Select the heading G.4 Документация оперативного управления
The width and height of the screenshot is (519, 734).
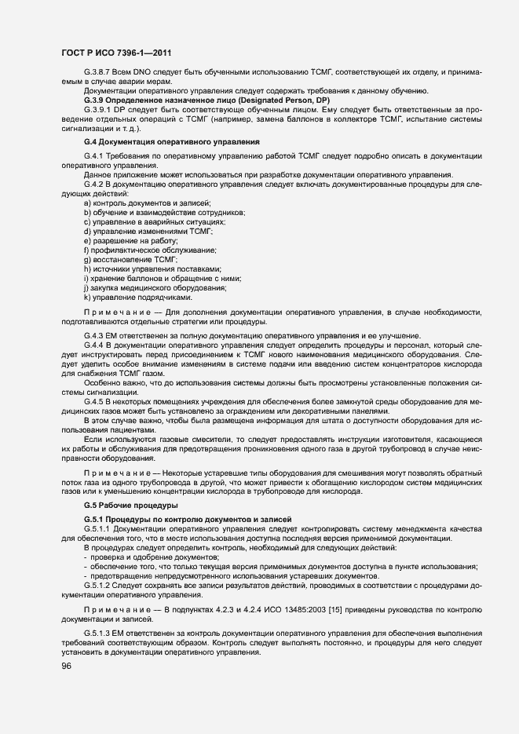pyautogui.click(x=171, y=142)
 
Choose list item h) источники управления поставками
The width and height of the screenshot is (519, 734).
pyautogui.click(x=135, y=268)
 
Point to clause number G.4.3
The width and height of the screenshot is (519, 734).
pyautogui.click(x=94, y=335)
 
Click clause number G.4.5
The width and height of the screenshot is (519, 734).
pyautogui.click(x=94, y=401)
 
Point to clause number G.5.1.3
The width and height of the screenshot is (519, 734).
pyautogui.click(x=99, y=633)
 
